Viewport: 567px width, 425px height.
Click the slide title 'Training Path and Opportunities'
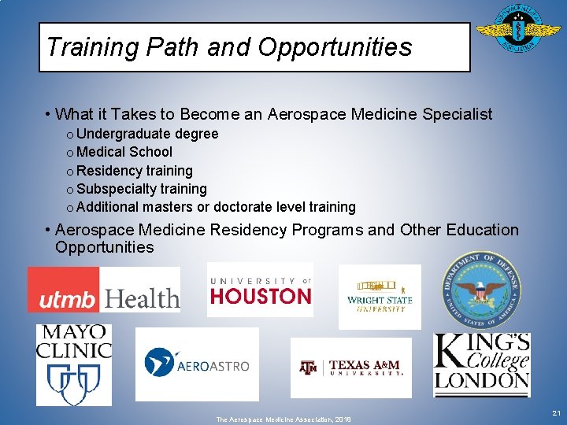click(x=228, y=47)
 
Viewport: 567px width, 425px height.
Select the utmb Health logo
click(x=104, y=290)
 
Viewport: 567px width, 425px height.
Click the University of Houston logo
click(x=260, y=290)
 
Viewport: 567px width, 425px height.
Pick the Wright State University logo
click(x=380, y=296)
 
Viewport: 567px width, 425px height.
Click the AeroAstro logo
click(x=197, y=364)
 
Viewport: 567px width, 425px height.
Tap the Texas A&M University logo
click(x=350, y=368)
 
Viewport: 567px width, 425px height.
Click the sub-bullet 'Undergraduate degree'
click(x=147, y=134)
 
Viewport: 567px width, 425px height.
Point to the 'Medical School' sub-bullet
click(x=124, y=152)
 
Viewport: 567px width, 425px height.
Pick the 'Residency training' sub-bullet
click(x=135, y=171)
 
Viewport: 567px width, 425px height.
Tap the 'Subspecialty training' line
click(x=142, y=189)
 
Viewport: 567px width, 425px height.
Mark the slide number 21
click(x=556, y=413)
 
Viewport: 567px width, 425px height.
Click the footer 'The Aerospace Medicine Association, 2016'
click(x=283, y=419)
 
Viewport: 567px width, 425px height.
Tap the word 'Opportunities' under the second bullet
click(x=104, y=247)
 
